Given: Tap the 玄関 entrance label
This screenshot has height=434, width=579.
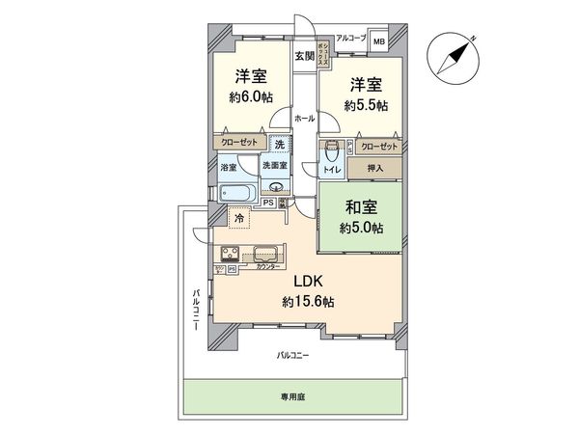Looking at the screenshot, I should click(304, 56).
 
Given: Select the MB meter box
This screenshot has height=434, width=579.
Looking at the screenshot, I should click(379, 41).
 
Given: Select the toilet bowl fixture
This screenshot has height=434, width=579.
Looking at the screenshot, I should click(332, 152).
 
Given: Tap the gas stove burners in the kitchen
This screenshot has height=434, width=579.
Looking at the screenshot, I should click(233, 256).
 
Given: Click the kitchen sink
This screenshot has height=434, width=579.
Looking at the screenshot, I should click(265, 256).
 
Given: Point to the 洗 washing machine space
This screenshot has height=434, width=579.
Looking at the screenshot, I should click(278, 145).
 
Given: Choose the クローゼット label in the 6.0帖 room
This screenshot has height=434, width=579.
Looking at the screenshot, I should click(238, 141).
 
